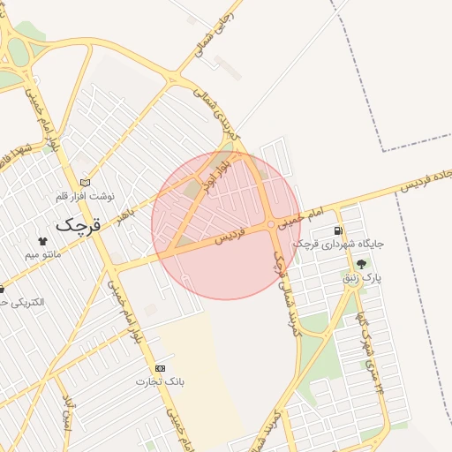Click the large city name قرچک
click(x=79, y=224)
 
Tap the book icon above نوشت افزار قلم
click(x=84, y=183)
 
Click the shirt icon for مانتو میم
click(x=41, y=241)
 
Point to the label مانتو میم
click(x=41, y=256)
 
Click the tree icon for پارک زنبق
click(x=361, y=265)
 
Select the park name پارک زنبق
click(x=362, y=279)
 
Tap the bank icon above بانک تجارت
click(x=160, y=367)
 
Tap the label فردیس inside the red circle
click(x=228, y=237)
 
